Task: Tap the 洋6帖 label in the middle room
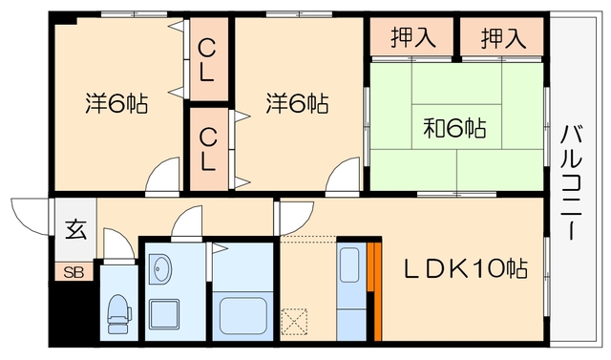[x=297, y=103]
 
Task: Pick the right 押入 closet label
[x=503, y=38]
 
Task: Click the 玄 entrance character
[x=74, y=230]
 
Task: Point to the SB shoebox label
[x=74, y=272]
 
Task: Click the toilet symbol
[x=118, y=312]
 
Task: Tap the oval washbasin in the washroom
[x=160, y=269]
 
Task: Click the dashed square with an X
[x=294, y=318]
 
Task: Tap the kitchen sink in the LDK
[x=349, y=264]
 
